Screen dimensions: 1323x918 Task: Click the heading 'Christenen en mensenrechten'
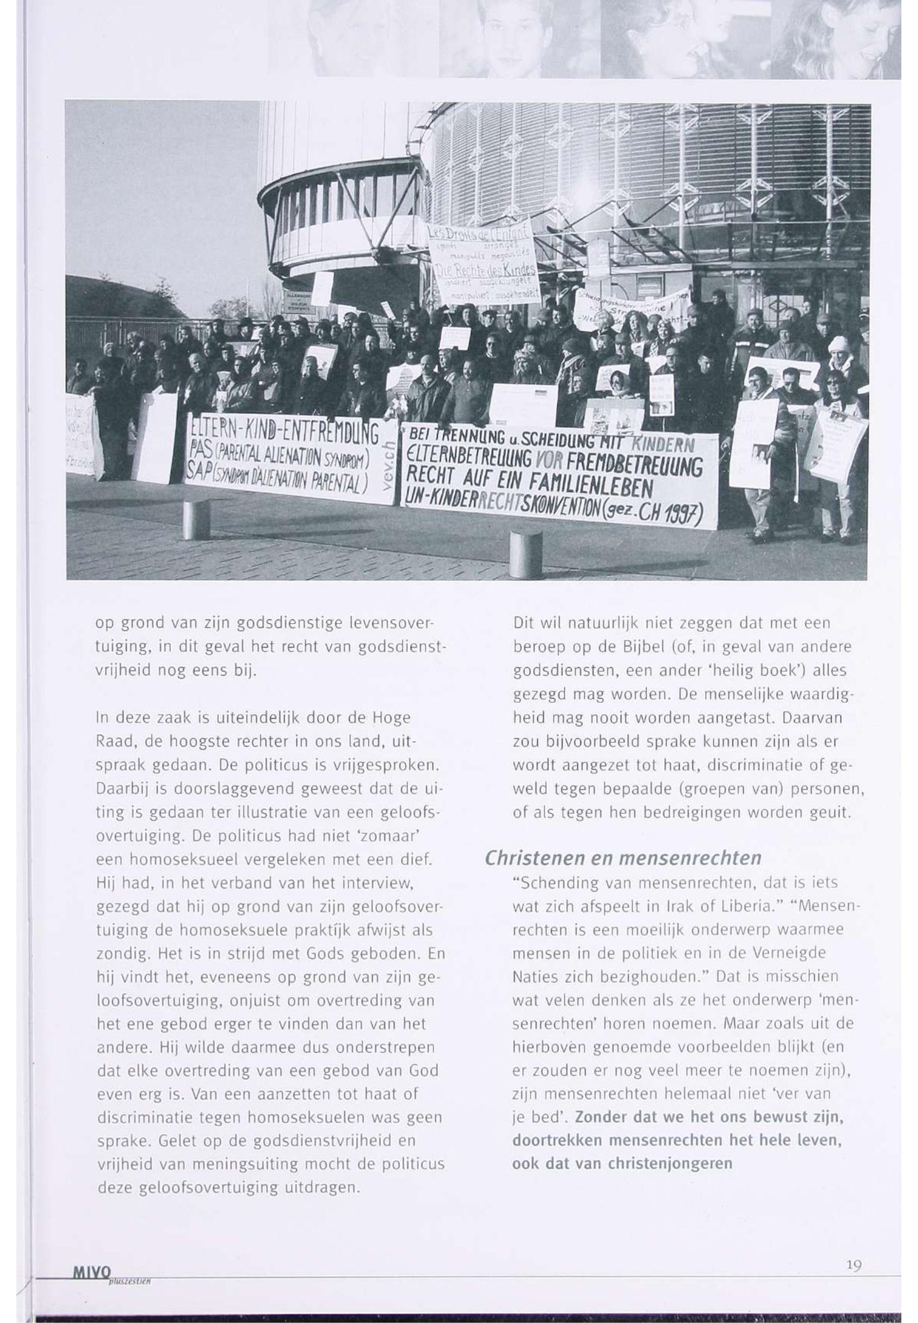click(623, 858)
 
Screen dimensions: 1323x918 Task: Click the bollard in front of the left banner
click(196, 520)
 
